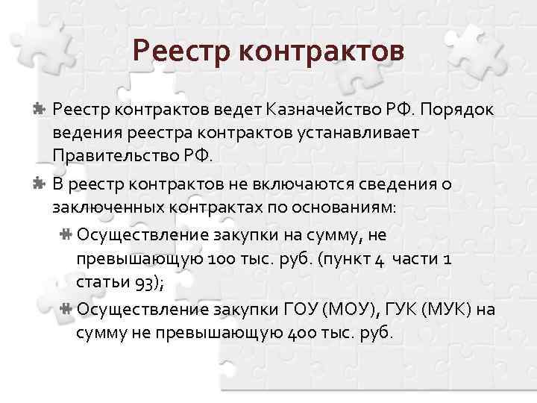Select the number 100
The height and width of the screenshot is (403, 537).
pyautogui.click(x=235, y=258)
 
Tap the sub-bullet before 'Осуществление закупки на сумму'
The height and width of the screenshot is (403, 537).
pyautogui.click(x=66, y=235)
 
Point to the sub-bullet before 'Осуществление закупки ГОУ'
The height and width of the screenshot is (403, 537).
pyautogui.click(x=66, y=308)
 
